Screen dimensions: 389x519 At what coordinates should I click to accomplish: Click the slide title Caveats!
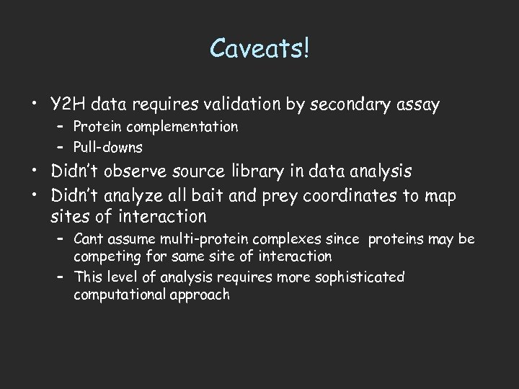(260, 48)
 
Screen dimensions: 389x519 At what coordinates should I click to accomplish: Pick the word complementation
(177, 127)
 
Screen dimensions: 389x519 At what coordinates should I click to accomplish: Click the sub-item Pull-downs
(107, 147)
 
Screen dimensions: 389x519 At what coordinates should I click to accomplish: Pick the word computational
(117, 294)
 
